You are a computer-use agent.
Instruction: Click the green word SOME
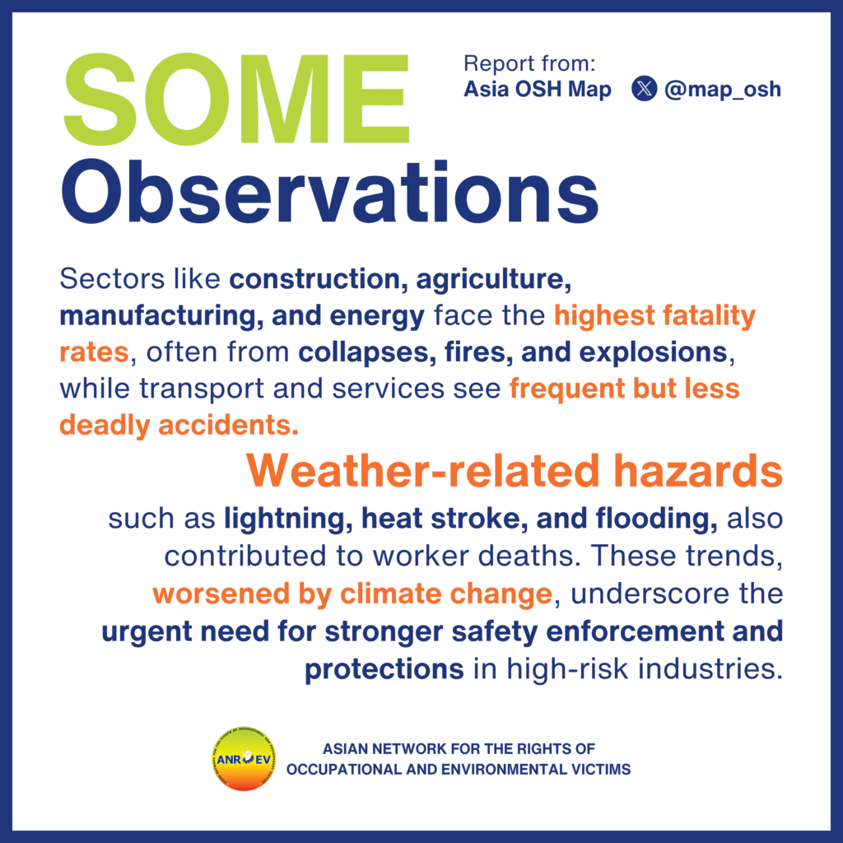236,99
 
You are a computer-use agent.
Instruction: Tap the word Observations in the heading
329,192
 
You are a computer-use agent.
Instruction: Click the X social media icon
644,89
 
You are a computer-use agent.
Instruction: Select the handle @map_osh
723,89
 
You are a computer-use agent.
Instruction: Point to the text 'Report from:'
529,63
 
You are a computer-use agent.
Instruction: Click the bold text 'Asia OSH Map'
538,89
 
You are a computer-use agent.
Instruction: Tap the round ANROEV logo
244,759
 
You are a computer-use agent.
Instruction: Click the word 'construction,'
319,279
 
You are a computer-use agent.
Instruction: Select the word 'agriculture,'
494,280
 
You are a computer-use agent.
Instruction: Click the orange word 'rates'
94,352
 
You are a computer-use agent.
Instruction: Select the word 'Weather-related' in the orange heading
423,470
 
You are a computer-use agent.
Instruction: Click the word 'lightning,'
288,519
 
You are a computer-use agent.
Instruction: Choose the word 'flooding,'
656,519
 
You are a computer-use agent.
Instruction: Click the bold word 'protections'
384,669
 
